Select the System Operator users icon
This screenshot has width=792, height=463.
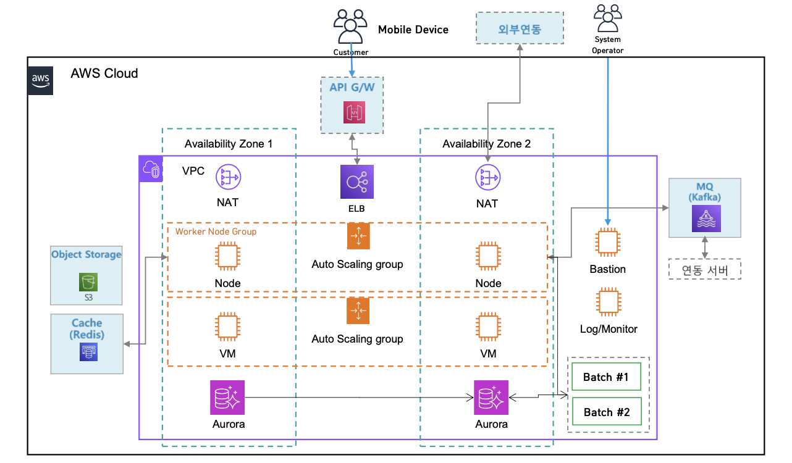tap(607, 19)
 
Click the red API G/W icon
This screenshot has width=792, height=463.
tap(355, 112)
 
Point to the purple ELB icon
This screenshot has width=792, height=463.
tap(356, 181)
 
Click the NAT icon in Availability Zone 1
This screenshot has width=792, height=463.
tap(227, 178)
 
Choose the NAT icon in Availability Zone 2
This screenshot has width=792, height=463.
tap(487, 178)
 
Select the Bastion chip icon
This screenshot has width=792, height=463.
tap(607, 243)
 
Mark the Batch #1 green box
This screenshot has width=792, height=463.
tap(606, 377)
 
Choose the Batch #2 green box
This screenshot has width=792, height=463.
tap(606, 412)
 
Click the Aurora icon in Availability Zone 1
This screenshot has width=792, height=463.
tap(228, 397)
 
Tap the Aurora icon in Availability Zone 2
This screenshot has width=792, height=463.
tap(491, 397)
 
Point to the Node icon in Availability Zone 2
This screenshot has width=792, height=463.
tap(488, 256)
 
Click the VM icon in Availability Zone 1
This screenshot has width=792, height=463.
tap(227, 327)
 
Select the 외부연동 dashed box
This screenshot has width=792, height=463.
tap(520, 28)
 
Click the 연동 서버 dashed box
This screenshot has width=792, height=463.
tap(704, 270)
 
